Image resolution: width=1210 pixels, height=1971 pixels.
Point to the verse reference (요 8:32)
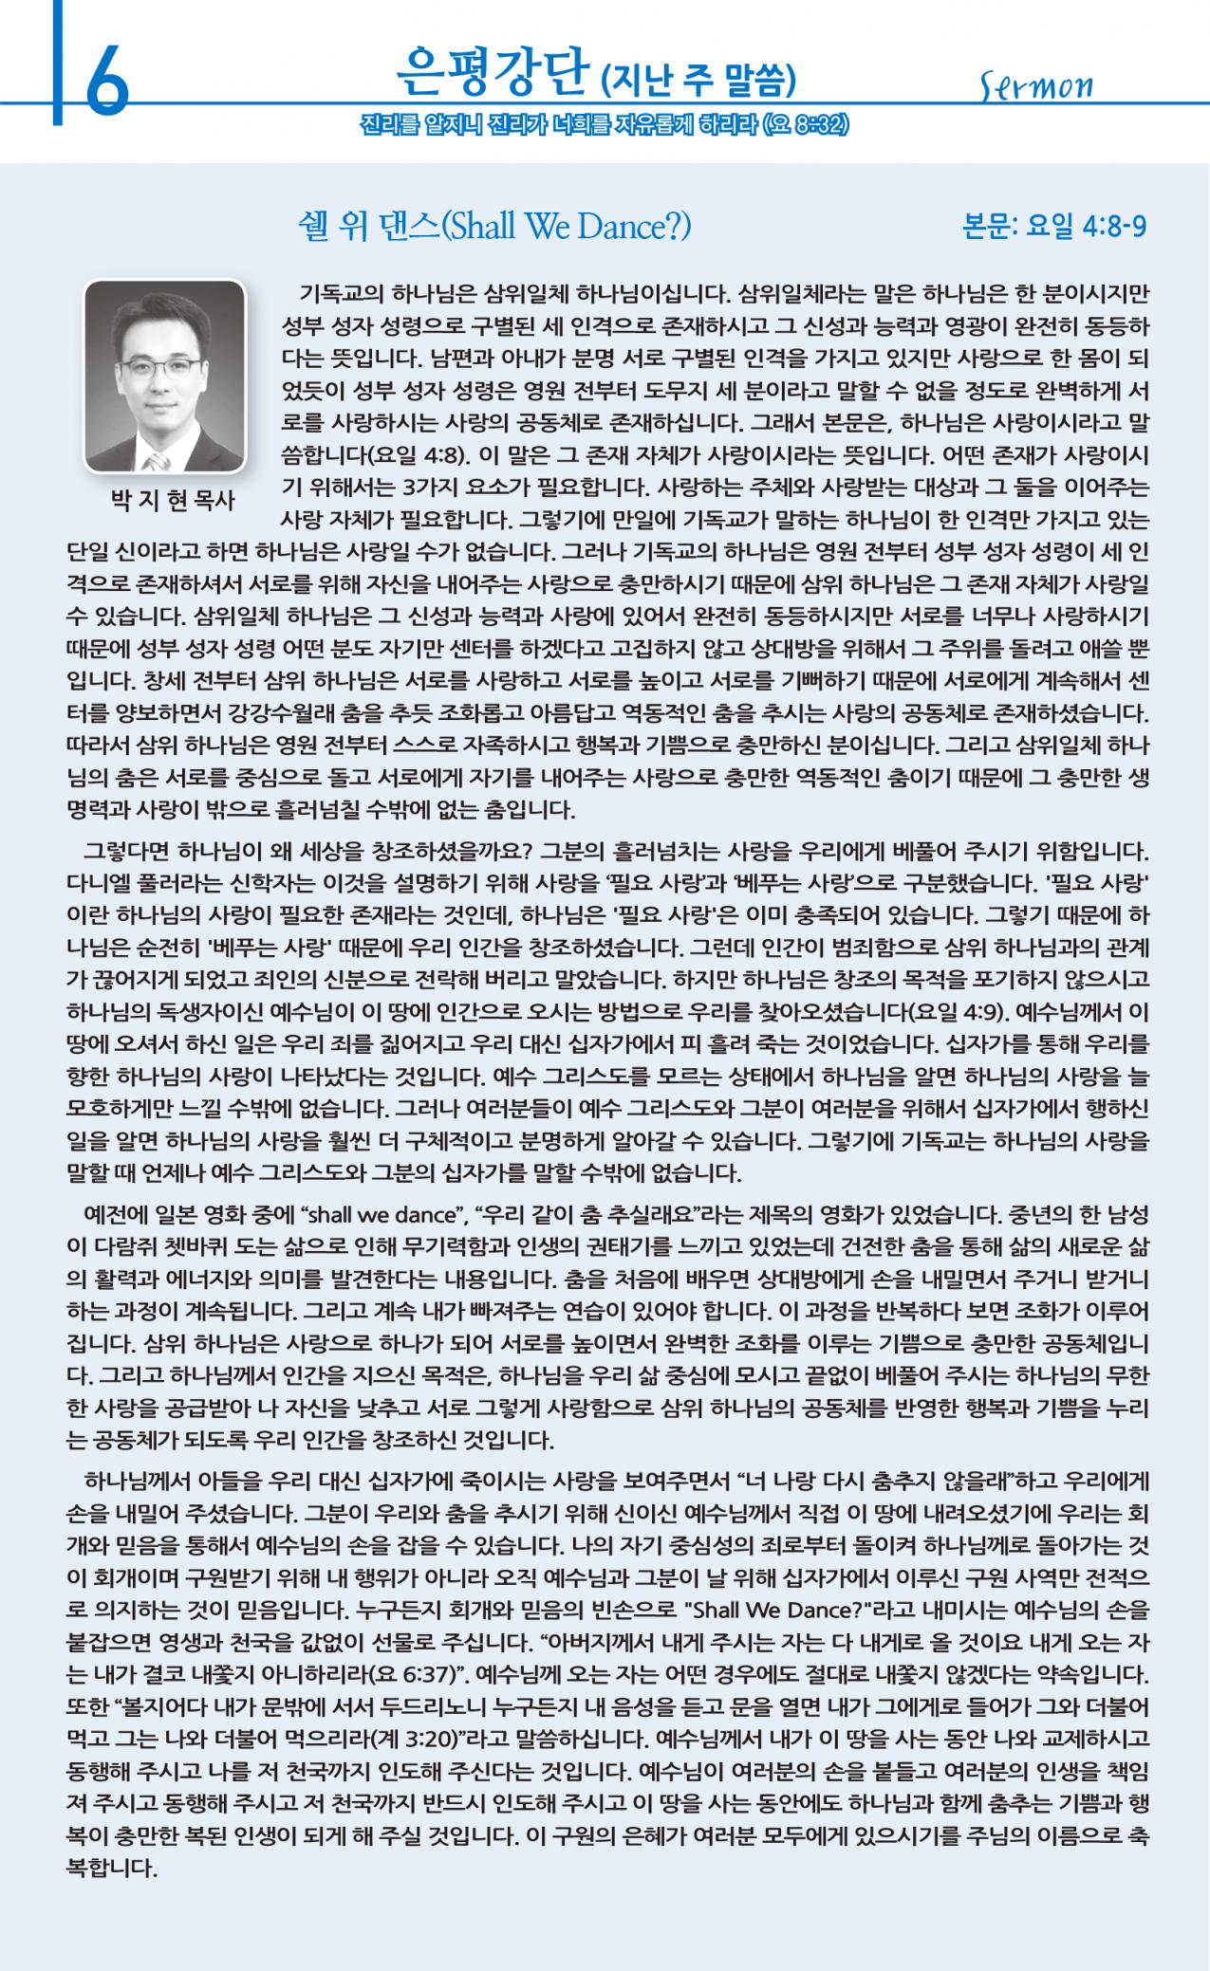pos(805,125)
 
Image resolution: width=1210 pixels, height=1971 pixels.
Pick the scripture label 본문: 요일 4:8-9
pos(1054,228)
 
